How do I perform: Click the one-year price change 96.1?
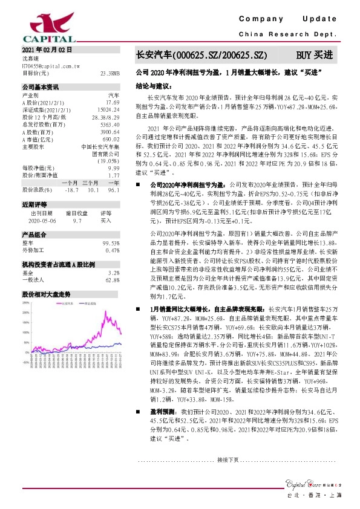coord(113,189)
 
